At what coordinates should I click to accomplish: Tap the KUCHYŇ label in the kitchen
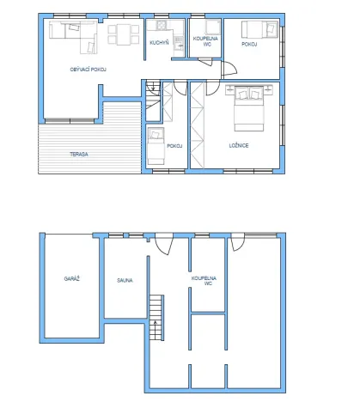pos(158,42)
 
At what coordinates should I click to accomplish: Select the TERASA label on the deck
pos(79,154)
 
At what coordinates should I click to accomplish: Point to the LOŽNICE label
pos(239,145)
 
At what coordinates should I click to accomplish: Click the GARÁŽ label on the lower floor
pos(71,279)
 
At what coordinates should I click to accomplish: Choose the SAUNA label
pos(125,280)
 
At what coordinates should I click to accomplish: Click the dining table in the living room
pos(122,35)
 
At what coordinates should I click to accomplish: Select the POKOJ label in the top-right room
pos(249,43)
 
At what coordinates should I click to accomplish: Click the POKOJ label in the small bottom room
pos(174,146)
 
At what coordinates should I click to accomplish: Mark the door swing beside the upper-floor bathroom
pos(225,71)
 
